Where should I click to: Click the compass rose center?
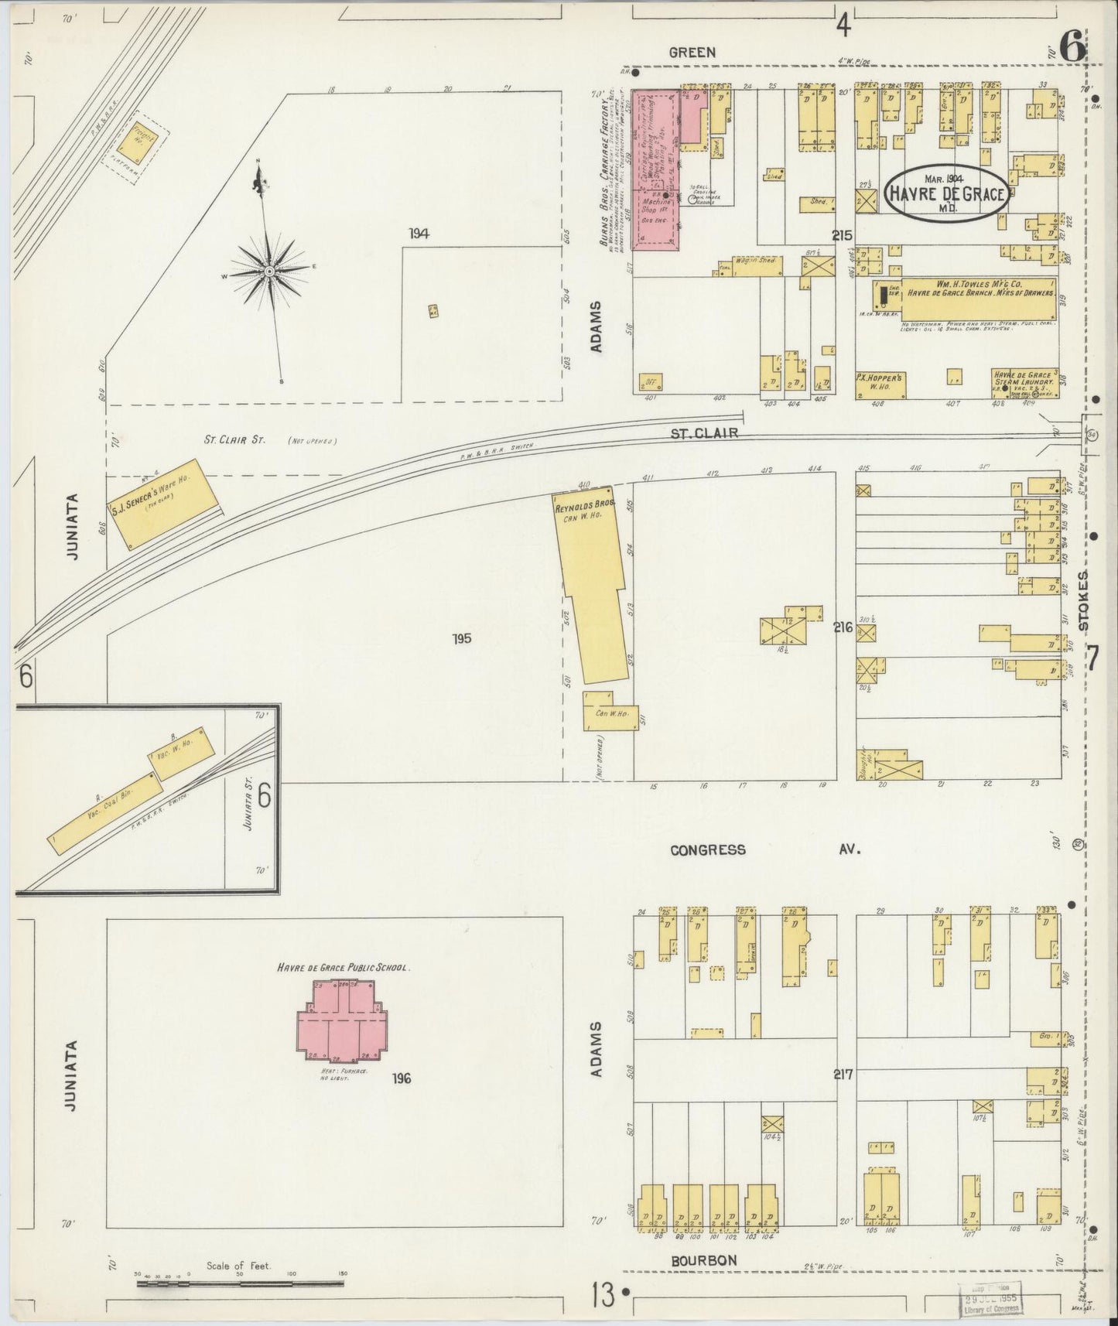(268, 272)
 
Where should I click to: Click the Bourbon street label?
(703, 1260)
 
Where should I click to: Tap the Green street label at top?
(692, 53)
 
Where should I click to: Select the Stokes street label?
(1084, 600)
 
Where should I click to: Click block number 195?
(463, 638)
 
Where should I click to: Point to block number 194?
(419, 234)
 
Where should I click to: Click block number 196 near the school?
(401, 1078)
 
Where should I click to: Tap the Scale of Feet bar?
(240, 1283)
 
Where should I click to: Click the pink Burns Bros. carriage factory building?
(656, 169)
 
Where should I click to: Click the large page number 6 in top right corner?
(1072, 48)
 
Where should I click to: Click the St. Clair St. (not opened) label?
(234, 439)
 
